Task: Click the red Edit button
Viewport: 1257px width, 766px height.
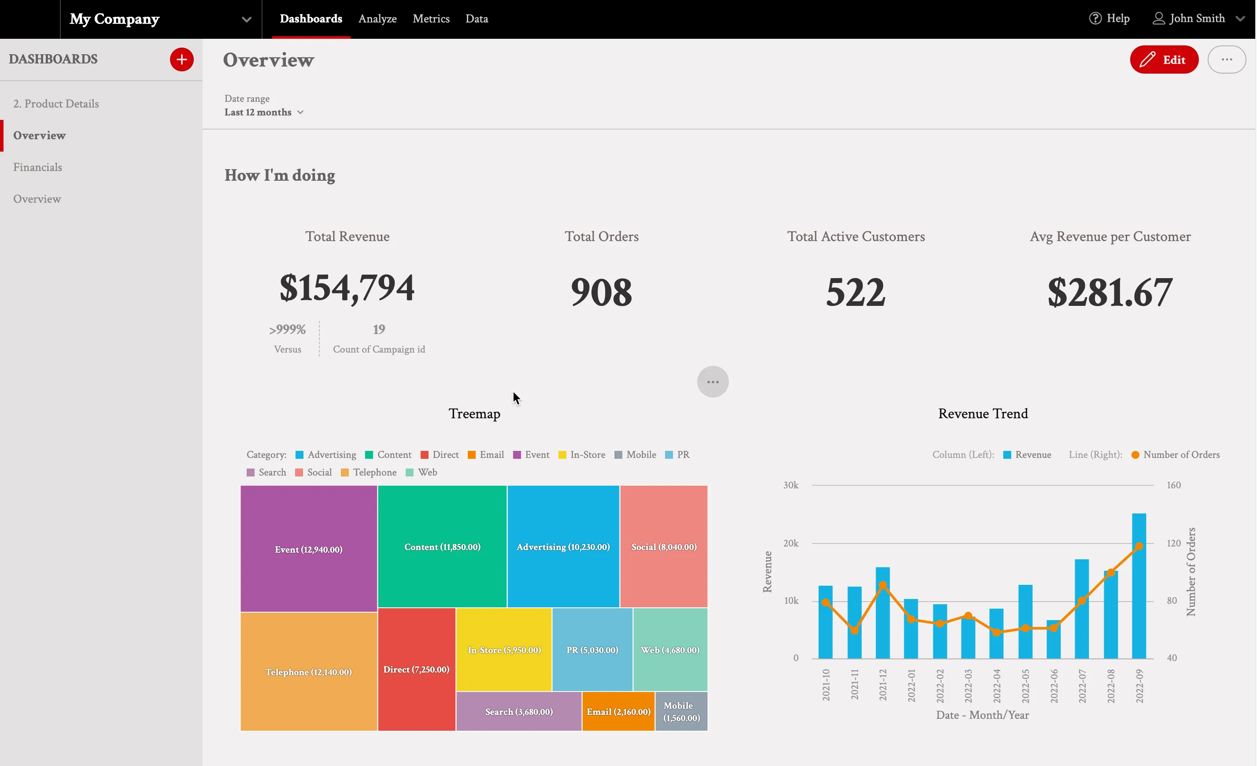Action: tap(1164, 59)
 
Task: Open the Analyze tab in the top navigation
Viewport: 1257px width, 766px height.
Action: tap(377, 19)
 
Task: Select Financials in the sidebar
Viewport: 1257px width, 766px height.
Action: tap(38, 167)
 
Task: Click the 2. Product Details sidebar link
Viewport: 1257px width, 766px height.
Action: tap(56, 104)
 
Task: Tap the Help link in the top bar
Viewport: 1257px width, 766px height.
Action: tap(1109, 19)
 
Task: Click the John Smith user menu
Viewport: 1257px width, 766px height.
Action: tap(1197, 19)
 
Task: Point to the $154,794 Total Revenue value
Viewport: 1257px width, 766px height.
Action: tap(347, 288)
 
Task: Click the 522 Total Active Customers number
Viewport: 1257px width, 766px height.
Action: tap(855, 292)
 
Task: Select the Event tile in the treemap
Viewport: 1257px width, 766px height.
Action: tap(309, 549)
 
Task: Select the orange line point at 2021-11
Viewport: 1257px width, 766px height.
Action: tap(854, 630)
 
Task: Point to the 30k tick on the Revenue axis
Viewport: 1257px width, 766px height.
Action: tap(791, 485)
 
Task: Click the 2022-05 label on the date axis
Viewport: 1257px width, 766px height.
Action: tap(1025, 686)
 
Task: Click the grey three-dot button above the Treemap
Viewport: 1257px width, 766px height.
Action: tap(713, 382)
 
